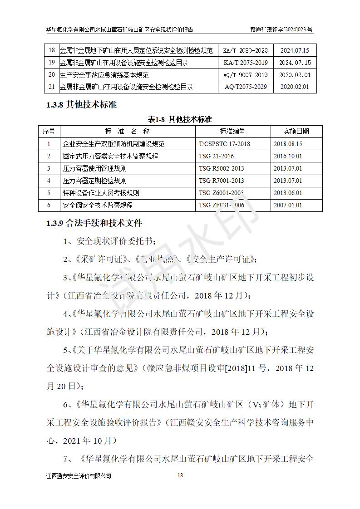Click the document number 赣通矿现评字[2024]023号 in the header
click(x=281, y=29)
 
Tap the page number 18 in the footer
click(x=180, y=475)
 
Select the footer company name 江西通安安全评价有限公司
click(x=79, y=476)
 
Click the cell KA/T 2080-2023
click(x=246, y=51)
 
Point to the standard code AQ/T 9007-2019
click(x=246, y=75)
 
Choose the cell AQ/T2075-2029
click(x=246, y=87)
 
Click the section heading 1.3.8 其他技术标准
click(x=81, y=105)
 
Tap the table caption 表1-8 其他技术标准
click(x=180, y=119)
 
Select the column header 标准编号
click(x=232, y=132)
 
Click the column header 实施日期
click(x=296, y=132)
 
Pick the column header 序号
click(x=49, y=132)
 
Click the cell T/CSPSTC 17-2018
click(x=224, y=144)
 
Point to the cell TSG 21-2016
click(x=216, y=156)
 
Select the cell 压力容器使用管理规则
click(x=94, y=168)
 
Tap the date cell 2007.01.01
click(x=288, y=205)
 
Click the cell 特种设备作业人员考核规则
click(x=101, y=193)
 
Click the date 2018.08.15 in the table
click(x=288, y=144)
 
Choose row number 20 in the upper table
click(x=51, y=75)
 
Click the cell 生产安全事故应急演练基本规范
click(x=104, y=75)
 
